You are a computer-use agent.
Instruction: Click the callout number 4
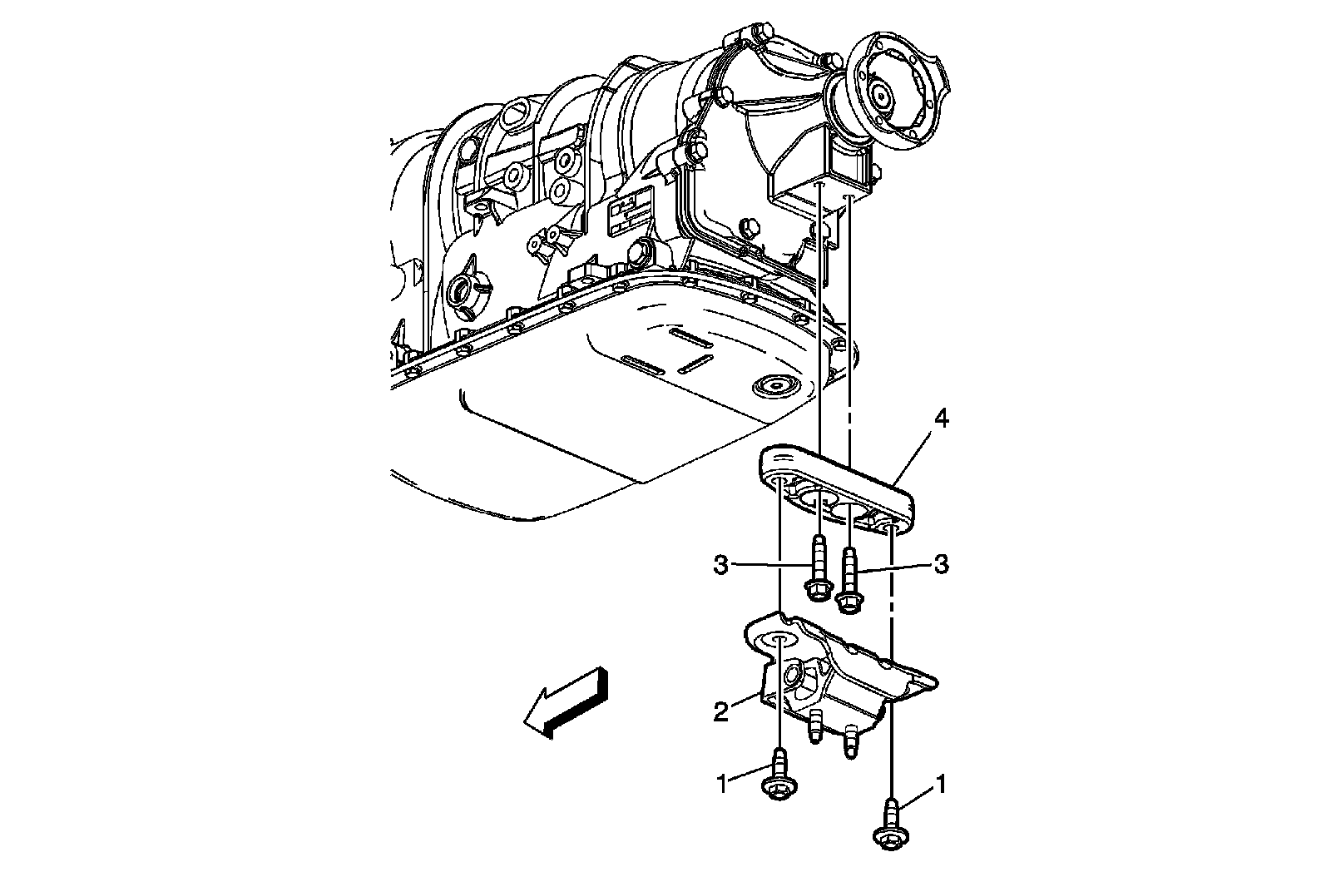(x=940, y=419)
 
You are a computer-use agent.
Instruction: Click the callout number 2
(x=721, y=711)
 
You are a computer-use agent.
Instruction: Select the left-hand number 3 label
(x=720, y=565)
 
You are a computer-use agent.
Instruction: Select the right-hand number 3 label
(x=941, y=564)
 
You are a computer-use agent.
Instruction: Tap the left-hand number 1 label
(x=721, y=783)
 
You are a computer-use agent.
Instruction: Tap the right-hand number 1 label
(x=941, y=783)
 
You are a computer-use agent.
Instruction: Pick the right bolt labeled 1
(x=890, y=824)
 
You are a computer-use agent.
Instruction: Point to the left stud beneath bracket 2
(x=816, y=730)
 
